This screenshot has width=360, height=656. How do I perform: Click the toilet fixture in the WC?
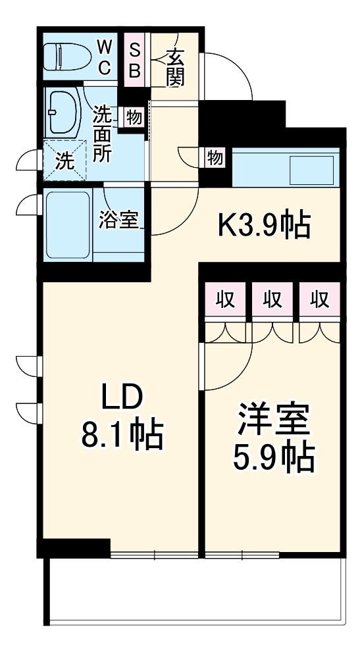point(66,57)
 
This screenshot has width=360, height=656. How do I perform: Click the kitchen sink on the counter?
point(312,170)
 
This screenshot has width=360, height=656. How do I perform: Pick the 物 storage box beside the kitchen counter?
point(215,157)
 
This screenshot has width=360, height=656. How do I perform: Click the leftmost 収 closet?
point(225,299)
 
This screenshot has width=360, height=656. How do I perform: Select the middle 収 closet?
point(272,299)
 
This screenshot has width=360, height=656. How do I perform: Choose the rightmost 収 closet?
point(320,299)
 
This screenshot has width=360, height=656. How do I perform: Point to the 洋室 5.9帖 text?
point(273,438)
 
